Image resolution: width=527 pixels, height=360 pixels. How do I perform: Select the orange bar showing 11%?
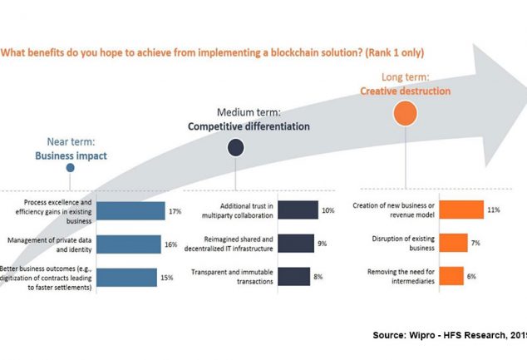coord(461,210)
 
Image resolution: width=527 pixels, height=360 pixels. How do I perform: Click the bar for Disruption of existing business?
coord(453,242)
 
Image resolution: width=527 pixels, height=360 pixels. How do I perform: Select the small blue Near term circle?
coord(71,168)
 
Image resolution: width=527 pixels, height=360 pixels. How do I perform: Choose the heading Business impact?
coord(71,155)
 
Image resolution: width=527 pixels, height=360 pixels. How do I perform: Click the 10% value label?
coord(328,211)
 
